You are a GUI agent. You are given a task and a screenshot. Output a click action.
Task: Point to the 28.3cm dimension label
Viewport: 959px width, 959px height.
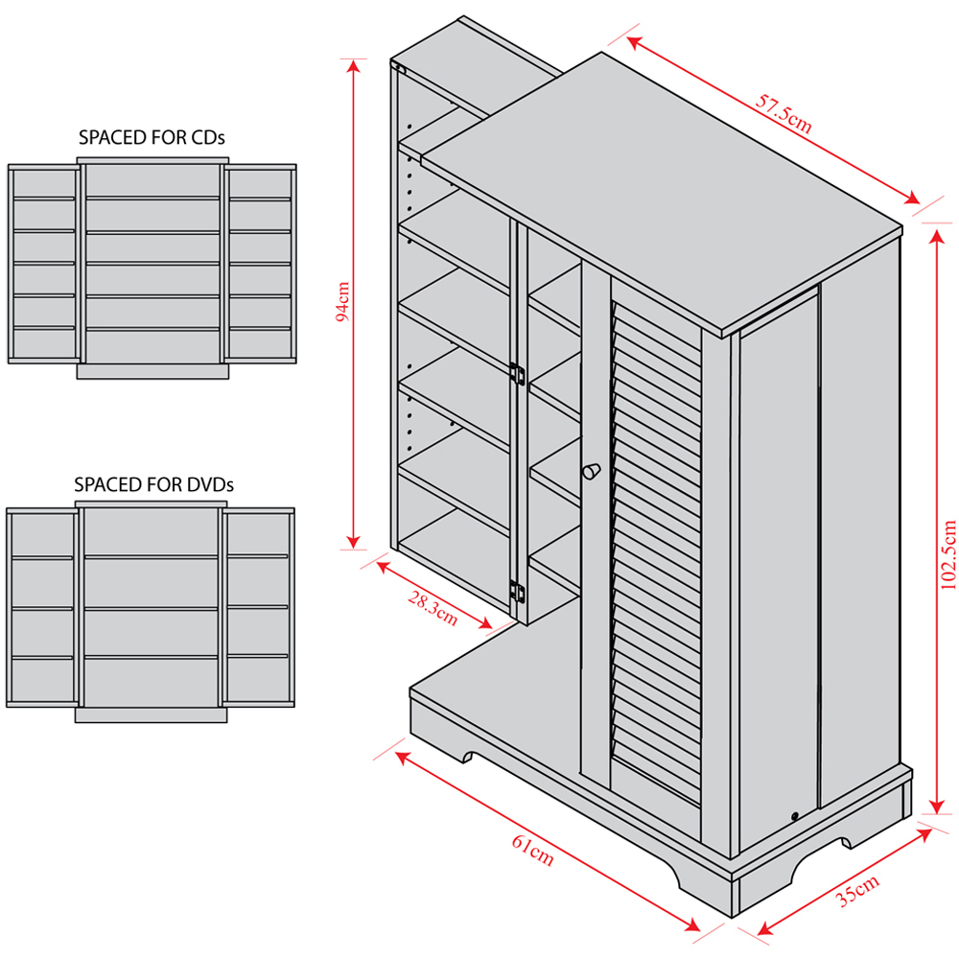(x=433, y=608)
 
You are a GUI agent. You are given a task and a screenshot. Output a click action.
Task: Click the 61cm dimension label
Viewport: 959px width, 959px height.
(x=532, y=848)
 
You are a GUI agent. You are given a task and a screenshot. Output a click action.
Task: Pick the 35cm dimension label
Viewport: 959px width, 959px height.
(x=857, y=890)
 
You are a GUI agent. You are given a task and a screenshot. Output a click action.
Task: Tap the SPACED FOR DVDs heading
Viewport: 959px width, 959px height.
(x=153, y=485)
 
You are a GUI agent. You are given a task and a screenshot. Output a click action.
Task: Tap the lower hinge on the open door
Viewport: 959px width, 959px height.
(x=517, y=593)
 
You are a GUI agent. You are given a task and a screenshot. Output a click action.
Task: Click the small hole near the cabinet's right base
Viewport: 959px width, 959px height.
(x=795, y=816)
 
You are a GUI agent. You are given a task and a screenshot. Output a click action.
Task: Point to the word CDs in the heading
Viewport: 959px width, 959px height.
(x=208, y=137)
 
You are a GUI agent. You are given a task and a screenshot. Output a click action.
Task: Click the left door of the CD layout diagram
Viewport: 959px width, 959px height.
(x=43, y=264)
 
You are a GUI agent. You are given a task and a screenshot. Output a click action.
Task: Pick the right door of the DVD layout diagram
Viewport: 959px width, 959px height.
(x=258, y=609)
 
